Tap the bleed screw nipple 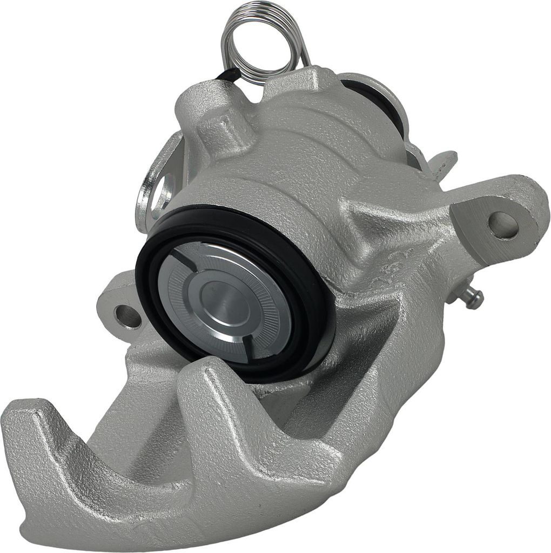472,296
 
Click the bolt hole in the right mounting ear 503,225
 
